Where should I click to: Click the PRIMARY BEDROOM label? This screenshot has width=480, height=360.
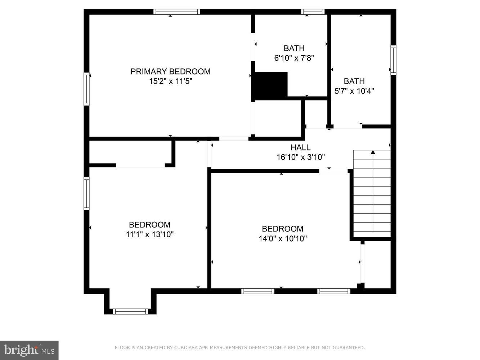[170, 71]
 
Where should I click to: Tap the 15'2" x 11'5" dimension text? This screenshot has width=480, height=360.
[171, 81]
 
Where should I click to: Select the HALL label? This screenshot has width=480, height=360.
[300, 147]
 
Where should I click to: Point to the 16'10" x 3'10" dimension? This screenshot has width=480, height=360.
[301, 157]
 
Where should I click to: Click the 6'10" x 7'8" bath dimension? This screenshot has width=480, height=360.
[294, 58]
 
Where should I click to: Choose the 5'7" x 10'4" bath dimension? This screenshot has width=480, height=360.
[354, 91]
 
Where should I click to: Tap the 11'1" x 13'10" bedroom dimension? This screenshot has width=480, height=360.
[149, 235]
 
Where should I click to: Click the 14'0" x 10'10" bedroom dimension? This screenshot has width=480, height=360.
[282, 238]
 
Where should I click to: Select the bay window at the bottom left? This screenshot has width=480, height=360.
[130, 311]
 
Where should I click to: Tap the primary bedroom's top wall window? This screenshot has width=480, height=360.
[176, 12]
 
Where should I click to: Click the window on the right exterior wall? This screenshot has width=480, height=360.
[393, 60]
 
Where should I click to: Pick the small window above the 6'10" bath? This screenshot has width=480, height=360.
[313, 12]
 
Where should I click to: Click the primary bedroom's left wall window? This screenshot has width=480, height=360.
[86, 89]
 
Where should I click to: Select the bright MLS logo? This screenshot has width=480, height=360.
[29, 350]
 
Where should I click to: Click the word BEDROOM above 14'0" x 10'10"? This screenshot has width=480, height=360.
[282, 229]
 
